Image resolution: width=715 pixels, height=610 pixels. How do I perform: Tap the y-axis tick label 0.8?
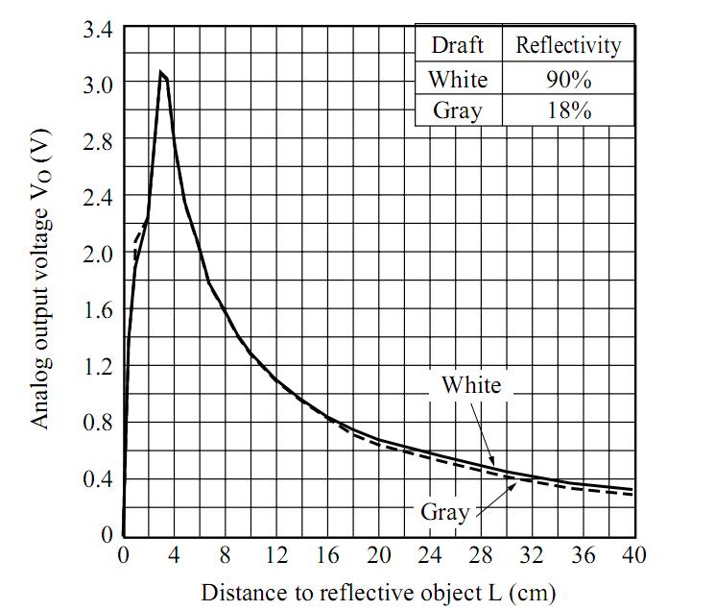(99, 422)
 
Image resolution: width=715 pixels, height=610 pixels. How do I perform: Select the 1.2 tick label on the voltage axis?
(99, 366)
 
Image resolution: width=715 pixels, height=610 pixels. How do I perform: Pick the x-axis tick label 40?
(633, 555)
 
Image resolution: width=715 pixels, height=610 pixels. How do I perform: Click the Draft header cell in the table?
(457, 44)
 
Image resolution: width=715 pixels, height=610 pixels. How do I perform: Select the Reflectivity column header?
(568, 44)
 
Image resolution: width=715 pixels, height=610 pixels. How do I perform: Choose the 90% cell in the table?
(567, 78)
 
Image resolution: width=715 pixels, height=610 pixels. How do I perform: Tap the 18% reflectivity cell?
(567, 110)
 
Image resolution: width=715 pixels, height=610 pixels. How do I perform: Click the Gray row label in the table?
(457, 110)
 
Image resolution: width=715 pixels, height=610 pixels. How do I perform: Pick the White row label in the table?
(458, 78)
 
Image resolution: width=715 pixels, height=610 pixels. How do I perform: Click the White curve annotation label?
(470, 385)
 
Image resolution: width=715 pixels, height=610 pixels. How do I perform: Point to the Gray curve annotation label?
(444, 511)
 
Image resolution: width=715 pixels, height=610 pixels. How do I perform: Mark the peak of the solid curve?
(161, 72)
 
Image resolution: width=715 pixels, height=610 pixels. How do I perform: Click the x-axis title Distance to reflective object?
(377, 591)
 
